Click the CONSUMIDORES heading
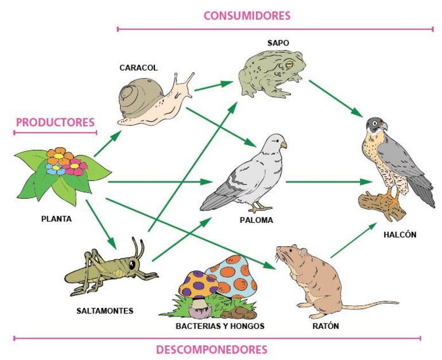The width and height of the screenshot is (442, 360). click(247, 16)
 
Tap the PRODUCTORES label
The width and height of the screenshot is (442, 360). click(55, 122)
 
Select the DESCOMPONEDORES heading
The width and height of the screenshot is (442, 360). click(211, 349)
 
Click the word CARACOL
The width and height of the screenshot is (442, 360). click(138, 68)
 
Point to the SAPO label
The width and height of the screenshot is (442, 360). click(278, 43)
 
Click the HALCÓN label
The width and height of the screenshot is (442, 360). click(401, 234)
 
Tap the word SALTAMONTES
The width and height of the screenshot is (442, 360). click(104, 311)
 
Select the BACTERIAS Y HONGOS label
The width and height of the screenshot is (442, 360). click(220, 326)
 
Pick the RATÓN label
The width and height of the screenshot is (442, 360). click(326, 326)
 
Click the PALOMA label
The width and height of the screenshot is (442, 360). click(257, 220)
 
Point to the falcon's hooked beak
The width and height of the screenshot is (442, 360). click(383, 125)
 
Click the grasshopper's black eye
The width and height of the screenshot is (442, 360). click(133, 264)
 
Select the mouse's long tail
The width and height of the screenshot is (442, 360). click(367, 304)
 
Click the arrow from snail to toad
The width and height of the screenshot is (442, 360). click(213, 86)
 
